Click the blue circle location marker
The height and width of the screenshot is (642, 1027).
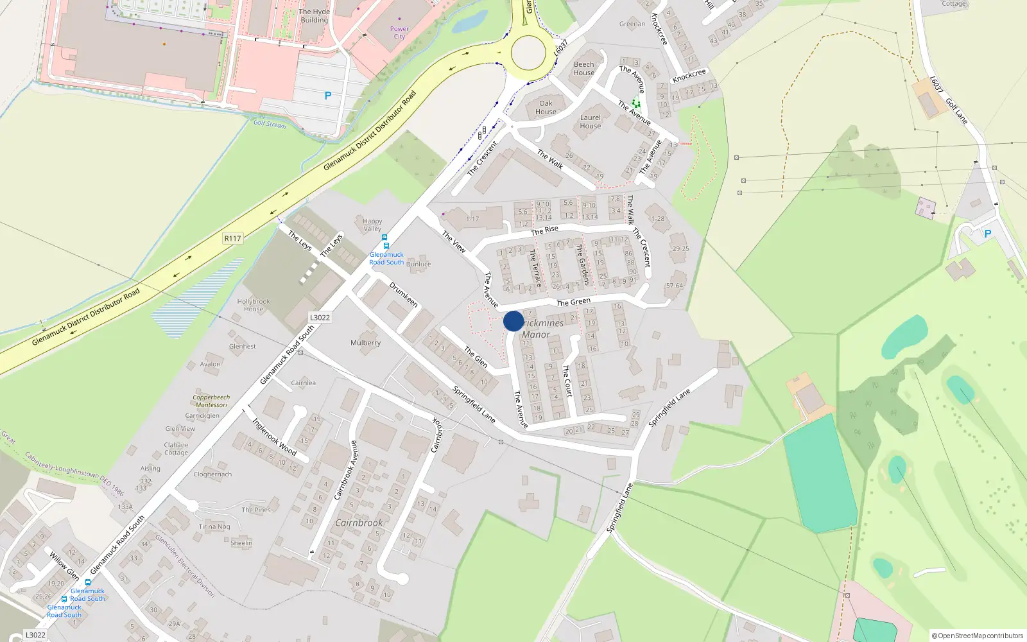(x=513, y=321)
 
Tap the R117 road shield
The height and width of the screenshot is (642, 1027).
(x=232, y=238)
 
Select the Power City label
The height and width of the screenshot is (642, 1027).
(x=399, y=33)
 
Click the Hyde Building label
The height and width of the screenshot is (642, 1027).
(x=314, y=16)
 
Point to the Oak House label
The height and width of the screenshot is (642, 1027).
(x=546, y=107)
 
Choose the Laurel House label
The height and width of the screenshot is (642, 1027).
(x=591, y=122)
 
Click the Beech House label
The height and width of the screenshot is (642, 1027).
(x=583, y=69)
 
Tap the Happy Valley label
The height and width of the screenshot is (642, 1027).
(x=372, y=225)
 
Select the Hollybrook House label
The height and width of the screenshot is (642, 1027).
(x=254, y=305)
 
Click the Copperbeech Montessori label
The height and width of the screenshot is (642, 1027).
(x=211, y=401)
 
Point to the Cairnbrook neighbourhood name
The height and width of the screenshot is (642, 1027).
(x=359, y=523)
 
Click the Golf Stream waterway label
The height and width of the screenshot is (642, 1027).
(x=270, y=124)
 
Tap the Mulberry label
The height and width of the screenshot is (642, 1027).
(x=365, y=343)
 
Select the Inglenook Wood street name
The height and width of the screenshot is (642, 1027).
(x=275, y=437)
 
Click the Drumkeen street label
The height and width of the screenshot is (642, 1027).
(x=404, y=294)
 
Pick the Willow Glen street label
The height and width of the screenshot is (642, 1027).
(x=64, y=565)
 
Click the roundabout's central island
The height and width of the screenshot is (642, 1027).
(x=528, y=51)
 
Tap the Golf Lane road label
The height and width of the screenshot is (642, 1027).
(x=956, y=111)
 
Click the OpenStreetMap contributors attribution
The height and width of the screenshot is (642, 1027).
(x=978, y=636)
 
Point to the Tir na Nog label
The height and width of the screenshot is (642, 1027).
(x=214, y=526)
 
